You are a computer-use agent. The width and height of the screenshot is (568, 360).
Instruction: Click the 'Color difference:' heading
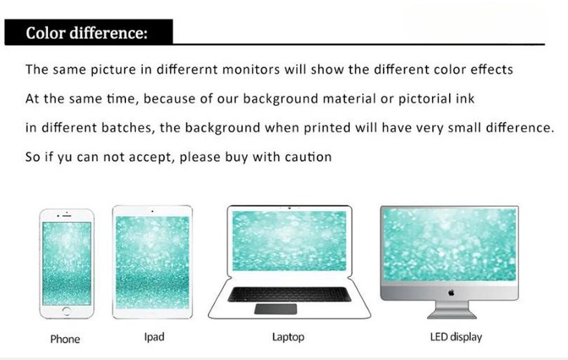87,34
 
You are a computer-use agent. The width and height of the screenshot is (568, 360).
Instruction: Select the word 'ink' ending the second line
465,99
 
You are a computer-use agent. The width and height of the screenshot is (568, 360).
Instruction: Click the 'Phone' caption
65,339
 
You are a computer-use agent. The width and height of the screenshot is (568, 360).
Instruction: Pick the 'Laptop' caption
288,336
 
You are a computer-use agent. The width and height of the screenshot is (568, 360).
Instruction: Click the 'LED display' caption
456,336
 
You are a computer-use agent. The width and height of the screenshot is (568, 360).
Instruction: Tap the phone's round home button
67,311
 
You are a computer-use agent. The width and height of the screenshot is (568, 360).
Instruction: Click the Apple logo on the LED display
451,292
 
